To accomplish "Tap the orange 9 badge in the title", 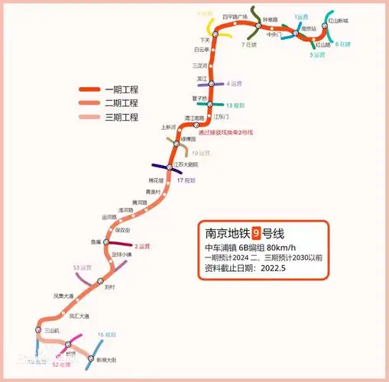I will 257,231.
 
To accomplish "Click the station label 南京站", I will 309,28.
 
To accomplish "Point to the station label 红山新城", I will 337,21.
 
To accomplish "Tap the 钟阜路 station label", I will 271,20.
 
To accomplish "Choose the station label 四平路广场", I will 235,16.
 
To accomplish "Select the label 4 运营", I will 234,83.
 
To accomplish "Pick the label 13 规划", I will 235,105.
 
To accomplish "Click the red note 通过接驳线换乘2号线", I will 226,132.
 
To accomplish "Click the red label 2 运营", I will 142,246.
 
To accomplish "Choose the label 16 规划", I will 106,335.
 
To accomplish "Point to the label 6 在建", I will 342,44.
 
